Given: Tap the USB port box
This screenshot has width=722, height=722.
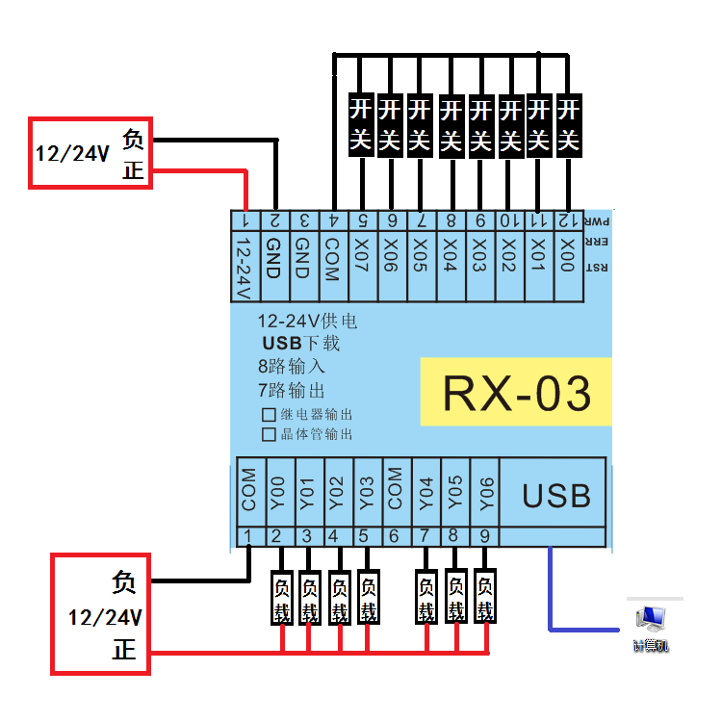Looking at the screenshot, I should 555,495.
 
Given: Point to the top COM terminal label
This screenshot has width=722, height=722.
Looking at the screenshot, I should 331,258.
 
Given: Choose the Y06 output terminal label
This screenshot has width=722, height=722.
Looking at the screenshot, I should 486,494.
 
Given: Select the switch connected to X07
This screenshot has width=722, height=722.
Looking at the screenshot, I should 360,125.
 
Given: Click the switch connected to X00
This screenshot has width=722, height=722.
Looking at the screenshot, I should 568,125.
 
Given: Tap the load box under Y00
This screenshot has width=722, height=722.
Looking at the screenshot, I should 281,599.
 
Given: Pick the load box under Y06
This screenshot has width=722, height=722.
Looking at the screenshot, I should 486,599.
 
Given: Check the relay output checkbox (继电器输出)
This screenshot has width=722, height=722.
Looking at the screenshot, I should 269,415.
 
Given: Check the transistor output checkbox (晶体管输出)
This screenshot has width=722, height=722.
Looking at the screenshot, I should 269,434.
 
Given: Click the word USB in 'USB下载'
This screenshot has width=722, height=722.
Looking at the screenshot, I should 282,344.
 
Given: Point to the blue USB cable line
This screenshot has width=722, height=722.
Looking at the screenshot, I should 550,597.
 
